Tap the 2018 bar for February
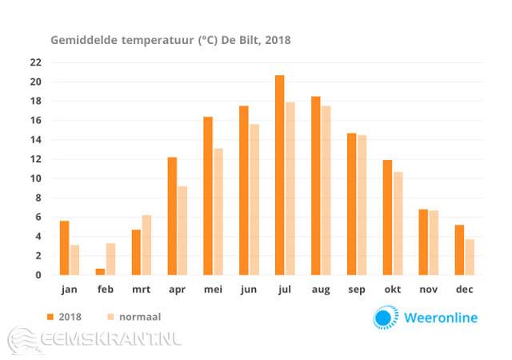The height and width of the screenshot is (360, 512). click(x=100, y=272)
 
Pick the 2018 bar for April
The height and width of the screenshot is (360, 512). click(x=172, y=216)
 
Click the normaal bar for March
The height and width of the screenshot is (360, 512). click(x=146, y=245)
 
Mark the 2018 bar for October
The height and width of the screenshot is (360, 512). click(x=387, y=218)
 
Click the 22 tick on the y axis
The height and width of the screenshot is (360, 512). click(x=36, y=62)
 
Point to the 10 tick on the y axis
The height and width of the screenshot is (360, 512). click(x=36, y=178)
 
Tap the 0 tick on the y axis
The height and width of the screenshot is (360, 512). click(x=38, y=275)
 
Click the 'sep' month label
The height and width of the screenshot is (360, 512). click(x=357, y=290)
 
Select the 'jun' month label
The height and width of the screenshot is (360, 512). click(x=249, y=290)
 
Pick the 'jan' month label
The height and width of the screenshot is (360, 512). click(x=69, y=290)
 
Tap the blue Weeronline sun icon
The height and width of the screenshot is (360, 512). click(x=385, y=317)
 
